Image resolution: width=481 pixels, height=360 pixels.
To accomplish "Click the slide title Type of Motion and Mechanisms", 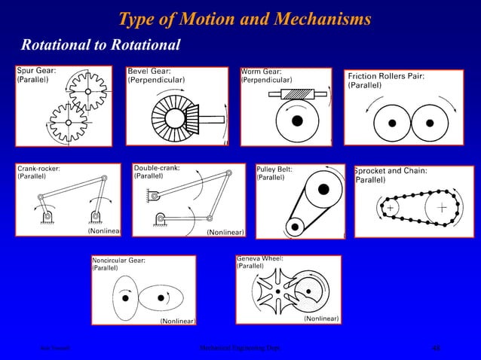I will pos(245,18).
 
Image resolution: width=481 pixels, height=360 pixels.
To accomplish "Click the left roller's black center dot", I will pos(391,122).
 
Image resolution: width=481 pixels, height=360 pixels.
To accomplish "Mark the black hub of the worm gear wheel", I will pos(299,120).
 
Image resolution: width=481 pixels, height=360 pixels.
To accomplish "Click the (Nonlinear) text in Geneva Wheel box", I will pos(320,319).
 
